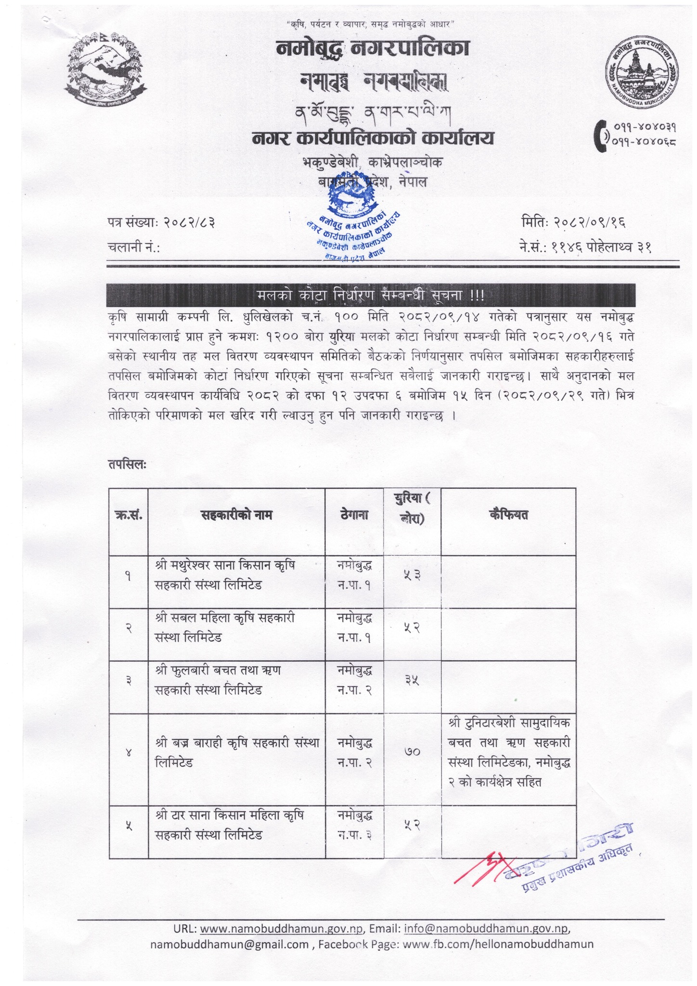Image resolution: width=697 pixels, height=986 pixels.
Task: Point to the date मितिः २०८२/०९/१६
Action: [x=573, y=222]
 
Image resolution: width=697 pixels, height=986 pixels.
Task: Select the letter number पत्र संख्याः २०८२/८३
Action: [x=161, y=222]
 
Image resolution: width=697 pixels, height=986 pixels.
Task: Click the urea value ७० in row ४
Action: [x=412, y=751]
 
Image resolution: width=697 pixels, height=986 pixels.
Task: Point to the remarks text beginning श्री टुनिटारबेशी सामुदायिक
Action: [x=508, y=723]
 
